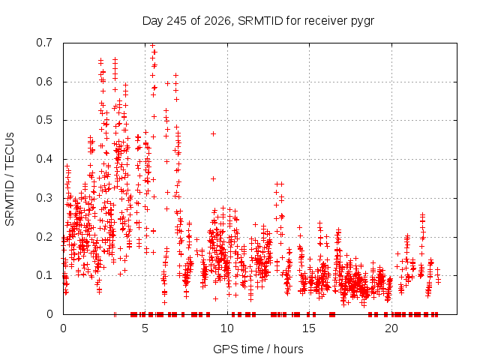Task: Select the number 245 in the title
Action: pyautogui.click(x=176, y=21)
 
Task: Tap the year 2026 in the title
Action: pyautogui.click(x=217, y=21)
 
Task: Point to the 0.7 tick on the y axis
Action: pyautogui.click(x=44, y=43)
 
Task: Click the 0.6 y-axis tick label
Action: pyautogui.click(x=44, y=82)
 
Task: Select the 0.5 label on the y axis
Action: pyautogui.click(x=44, y=120)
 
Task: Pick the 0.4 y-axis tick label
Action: pyautogui.click(x=44, y=159)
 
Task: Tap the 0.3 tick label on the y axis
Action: pyautogui.click(x=44, y=198)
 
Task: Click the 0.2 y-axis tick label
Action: pyautogui.click(x=44, y=237)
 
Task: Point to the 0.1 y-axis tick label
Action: pyautogui.click(x=44, y=275)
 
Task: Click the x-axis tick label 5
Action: pyautogui.click(x=145, y=328)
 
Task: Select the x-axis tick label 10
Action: pyautogui.click(x=226, y=328)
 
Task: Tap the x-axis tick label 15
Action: pyautogui.click(x=309, y=328)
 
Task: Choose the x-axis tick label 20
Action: pyautogui.click(x=391, y=328)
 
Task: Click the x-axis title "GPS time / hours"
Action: pyautogui.click(x=258, y=349)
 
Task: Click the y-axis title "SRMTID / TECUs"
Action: pyautogui.click(x=10, y=179)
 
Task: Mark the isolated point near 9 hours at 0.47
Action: pyautogui.click(x=213, y=133)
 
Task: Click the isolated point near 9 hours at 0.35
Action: pyautogui.click(x=213, y=178)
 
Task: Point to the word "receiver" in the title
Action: pyautogui.click(x=325, y=21)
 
